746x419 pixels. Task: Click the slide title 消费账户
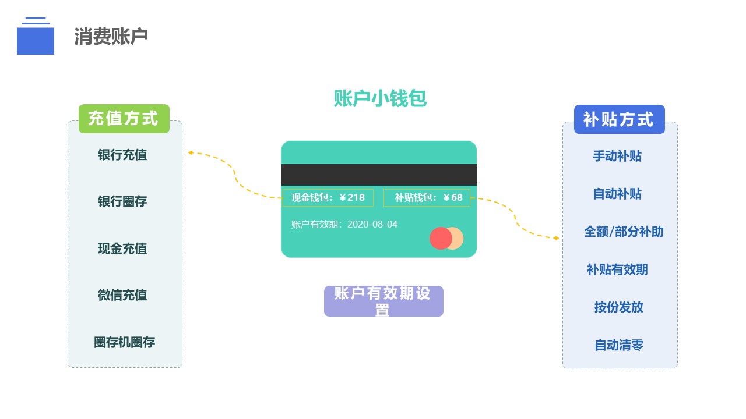click(x=111, y=37)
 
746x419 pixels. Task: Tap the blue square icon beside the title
click(x=36, y=41)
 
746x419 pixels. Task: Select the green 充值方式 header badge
click(x=124, y=119)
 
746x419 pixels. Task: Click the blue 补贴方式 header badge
click(x=619, y=119)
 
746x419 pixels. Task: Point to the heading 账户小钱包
click(x=380, y=99)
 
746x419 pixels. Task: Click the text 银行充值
click(x=122, y=155)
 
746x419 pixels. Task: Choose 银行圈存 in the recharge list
click(x=122, y=202)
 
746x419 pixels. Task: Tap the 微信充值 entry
click(x=122, y=295)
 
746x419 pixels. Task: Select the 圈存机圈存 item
click(x=125, y=342)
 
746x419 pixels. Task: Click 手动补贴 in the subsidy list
click(x=617, y=156)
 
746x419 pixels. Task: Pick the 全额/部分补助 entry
click(x=624, y=232)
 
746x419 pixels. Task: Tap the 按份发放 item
click(x=619, y=307)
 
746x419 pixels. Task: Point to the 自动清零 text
click(x=619, y=345)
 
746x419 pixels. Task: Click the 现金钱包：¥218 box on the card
click(x=328, y=198)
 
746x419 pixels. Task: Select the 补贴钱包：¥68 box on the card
click(x=427, y=198)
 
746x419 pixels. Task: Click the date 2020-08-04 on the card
click(x=372, y=224)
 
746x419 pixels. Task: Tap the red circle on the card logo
click(x=439, y=239)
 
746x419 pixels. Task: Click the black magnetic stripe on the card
click(x=379, y=175)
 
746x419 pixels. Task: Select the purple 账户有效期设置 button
click(x=383, y=301)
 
